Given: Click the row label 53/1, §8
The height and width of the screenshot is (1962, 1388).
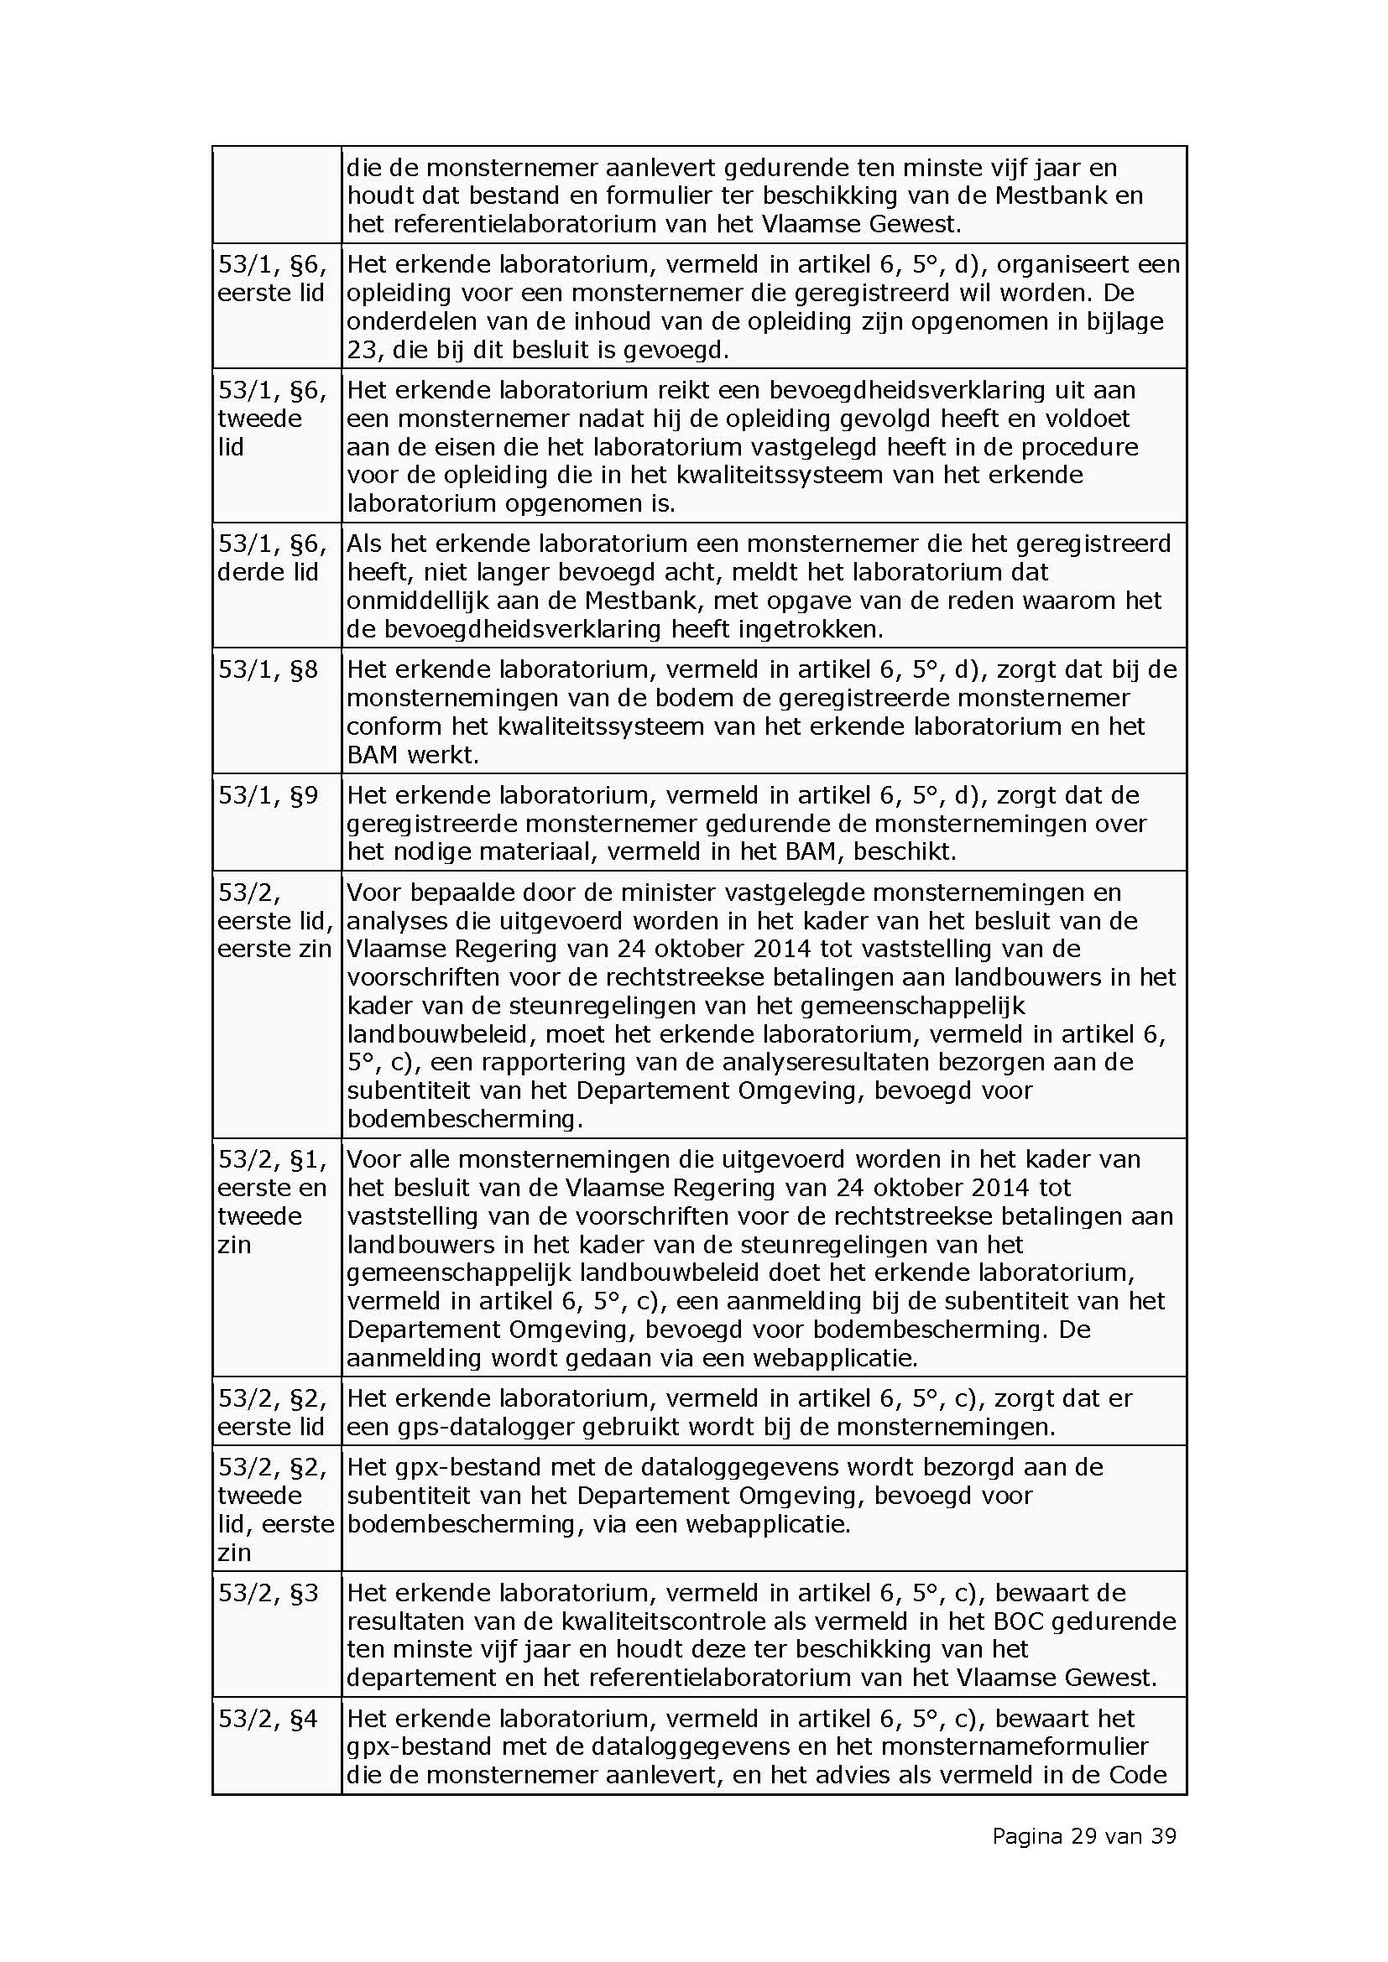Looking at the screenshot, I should tap(269, 670).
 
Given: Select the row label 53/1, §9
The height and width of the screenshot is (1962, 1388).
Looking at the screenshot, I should tap(269, 795).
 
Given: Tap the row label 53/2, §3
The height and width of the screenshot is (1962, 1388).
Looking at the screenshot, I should tap(269, 1593).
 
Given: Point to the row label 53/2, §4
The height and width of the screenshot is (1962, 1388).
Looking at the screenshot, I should tap(269, 1719).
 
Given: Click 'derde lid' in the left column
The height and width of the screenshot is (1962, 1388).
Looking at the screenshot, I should tap(268, 573).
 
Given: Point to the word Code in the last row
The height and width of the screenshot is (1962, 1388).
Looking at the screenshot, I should tap(1138, 1775).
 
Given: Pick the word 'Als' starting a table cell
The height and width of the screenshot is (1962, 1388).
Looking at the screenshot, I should tap(364, 544).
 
